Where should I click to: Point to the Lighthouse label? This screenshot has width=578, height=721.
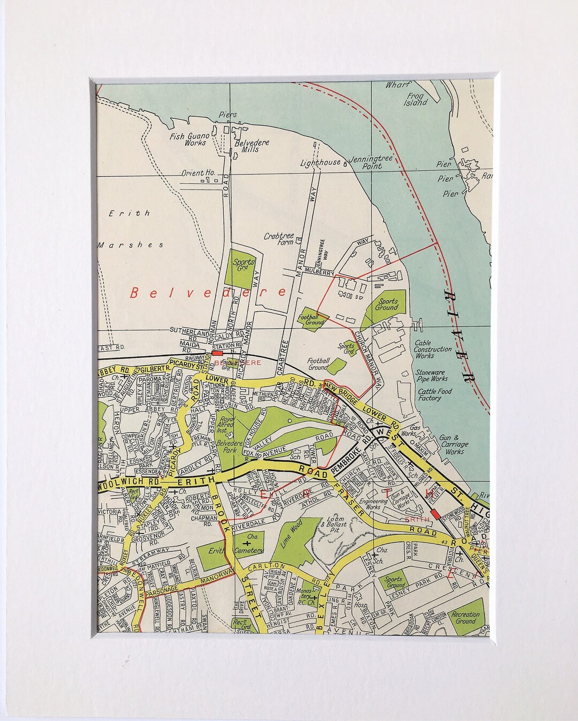pos(320,162)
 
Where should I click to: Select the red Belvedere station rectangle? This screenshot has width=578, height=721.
pos(217,353)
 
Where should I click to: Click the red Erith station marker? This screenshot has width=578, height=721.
pos(437,514)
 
